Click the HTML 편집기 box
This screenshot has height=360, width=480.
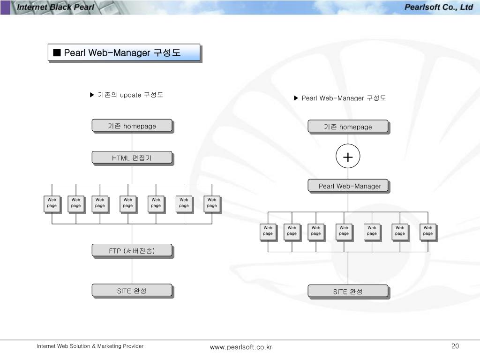coord(132,158)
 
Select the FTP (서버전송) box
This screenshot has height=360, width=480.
coord(132,251)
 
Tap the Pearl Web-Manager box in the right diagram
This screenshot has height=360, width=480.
coord(348,186)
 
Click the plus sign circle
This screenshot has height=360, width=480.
coord(348,157)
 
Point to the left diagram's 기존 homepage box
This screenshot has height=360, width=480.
coord(132,126)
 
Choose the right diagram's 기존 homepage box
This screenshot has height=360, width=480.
coord(348,127)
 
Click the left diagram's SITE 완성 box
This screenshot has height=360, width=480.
coord(132,291)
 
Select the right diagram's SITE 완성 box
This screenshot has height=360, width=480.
coord(348,292)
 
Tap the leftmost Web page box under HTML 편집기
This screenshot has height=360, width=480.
coord(52,203)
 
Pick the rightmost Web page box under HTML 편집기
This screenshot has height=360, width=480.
coord(212,203)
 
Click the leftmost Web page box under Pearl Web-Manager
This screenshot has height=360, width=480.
coord(268,231)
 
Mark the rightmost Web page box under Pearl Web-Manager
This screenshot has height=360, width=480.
coord(428,231)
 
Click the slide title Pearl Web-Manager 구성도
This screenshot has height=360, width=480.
coord(124,52)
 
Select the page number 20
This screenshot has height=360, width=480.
coord(455,346)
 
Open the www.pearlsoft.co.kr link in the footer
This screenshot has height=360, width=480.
coord(241,347)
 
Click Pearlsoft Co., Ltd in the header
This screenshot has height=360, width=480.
coord(438,7)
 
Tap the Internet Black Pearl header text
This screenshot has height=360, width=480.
coord(55,7)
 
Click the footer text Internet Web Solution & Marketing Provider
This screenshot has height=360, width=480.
coord(90,346)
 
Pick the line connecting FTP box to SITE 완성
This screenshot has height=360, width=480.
coord(132,270)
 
